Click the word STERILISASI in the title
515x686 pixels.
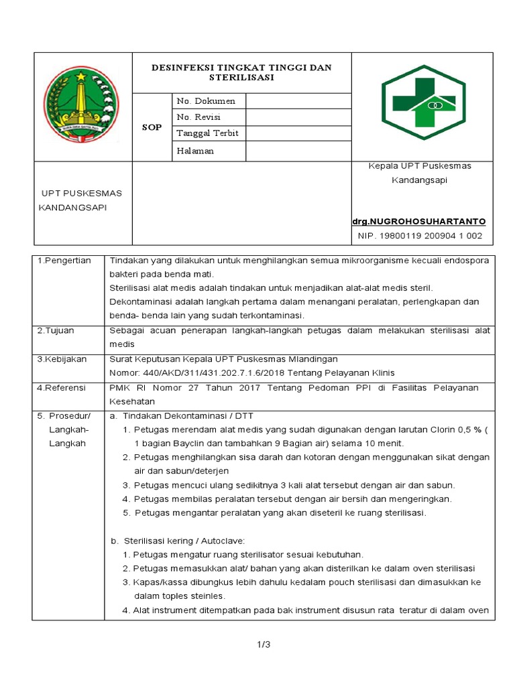241,78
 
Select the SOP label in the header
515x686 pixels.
152,127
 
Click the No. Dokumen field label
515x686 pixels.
206,101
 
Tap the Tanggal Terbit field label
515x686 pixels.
208,133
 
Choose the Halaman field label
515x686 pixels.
195,151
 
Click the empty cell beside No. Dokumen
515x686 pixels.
298,101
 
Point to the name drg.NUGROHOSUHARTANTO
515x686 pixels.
419,221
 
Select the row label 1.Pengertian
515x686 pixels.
64,260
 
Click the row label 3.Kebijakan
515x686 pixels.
62,359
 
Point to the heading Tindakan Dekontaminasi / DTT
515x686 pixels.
186,416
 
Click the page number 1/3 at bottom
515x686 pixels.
262,644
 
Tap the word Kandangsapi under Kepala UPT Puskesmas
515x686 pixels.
419,180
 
